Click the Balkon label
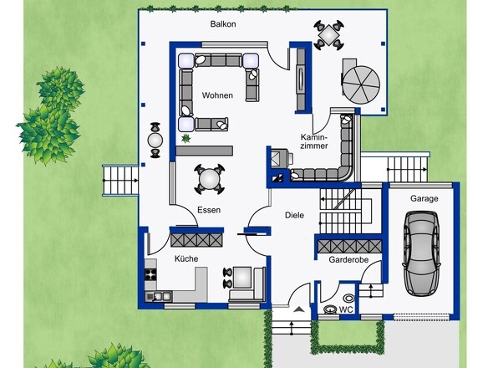[x=223, y=24]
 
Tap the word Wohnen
[x=217, y=95]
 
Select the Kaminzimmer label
[x=314, y=141]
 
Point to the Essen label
[x=209, y=210]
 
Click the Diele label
[x=295, y=215]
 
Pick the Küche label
[x=186, y=258]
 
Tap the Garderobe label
[x=348, y=260]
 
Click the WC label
[x=346, y=309]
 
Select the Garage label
[x=424, y=199]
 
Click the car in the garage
[x=421, y=253]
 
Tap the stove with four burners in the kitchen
[x=150, y=273]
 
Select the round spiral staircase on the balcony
[x=361, y=84]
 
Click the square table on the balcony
[x=328, y=34]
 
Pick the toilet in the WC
[x=330, y=309]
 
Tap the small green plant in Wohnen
[x=186, y=138]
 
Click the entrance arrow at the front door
[x=299, y=309]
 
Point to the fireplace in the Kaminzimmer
[x=278, y=157]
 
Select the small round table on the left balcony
[x=155, y=140]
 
